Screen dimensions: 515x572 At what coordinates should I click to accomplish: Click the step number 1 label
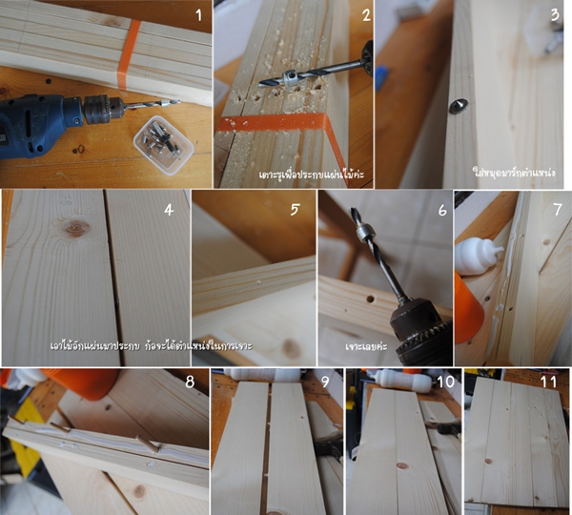point(197,15)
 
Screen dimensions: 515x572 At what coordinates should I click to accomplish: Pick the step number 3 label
point(554,14)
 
